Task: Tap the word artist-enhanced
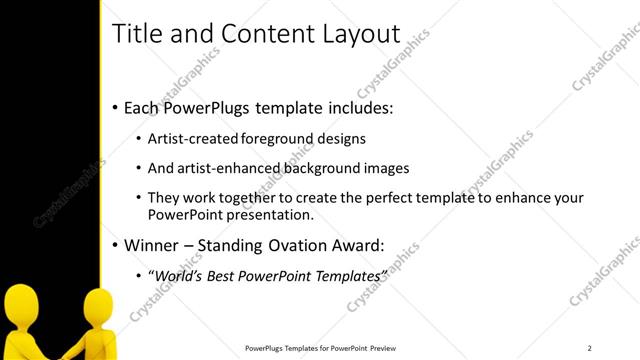(217, 168)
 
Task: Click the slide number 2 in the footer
(589, 348)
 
